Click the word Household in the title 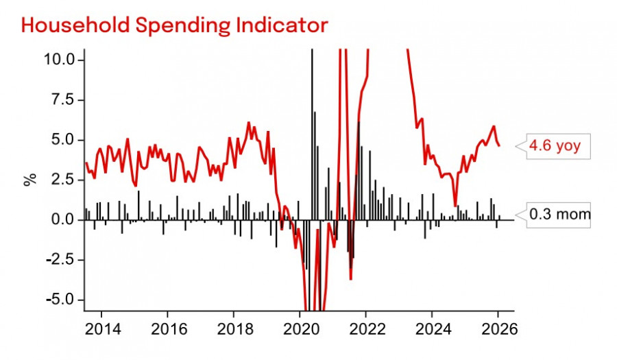point(73,25)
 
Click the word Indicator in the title point(280,25)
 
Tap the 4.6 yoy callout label point(556,145)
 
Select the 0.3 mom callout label point(559,215)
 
